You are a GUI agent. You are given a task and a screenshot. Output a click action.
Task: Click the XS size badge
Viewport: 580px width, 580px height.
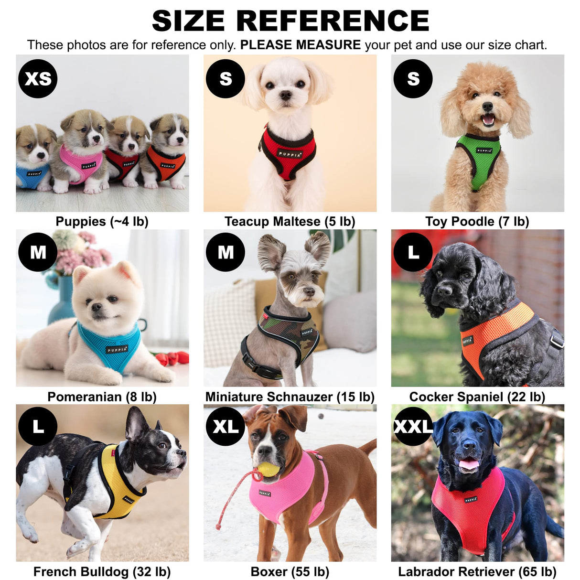pos(38,79)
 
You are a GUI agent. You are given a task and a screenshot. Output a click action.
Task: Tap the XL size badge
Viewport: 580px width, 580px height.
pos(226,427)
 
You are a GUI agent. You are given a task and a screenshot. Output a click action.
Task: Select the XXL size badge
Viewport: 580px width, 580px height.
pos(413,427)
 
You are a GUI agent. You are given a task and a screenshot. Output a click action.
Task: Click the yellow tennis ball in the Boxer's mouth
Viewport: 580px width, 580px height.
pos(269,469)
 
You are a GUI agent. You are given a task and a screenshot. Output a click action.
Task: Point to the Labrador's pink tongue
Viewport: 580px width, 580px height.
pos(469,464)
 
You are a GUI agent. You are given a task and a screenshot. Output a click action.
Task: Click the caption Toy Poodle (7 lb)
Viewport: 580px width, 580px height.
pos(477,222)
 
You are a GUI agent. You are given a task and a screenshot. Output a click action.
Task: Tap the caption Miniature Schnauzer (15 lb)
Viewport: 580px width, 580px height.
pos(290,397)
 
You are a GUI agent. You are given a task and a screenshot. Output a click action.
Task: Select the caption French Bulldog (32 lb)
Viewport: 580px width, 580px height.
pos(102,572)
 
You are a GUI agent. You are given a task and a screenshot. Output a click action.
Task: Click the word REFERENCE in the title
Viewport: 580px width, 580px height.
pos(333,21)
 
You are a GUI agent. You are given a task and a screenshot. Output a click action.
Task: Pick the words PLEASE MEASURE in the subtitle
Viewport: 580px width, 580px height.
pos(300,45)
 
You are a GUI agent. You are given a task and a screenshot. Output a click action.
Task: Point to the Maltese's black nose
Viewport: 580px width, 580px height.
pos(286,96)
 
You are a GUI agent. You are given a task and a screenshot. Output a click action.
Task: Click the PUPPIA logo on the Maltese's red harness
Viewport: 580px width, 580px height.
pos(290,154)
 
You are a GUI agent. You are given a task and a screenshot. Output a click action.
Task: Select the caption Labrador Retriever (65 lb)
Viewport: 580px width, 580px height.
pos(477,572)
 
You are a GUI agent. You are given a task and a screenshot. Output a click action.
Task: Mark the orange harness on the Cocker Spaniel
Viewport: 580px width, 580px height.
pos(497,330)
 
